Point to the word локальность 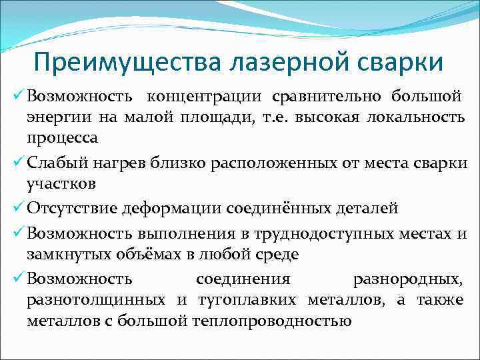(416, 118)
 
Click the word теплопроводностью (271, 321)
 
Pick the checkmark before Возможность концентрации (18, 95)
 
